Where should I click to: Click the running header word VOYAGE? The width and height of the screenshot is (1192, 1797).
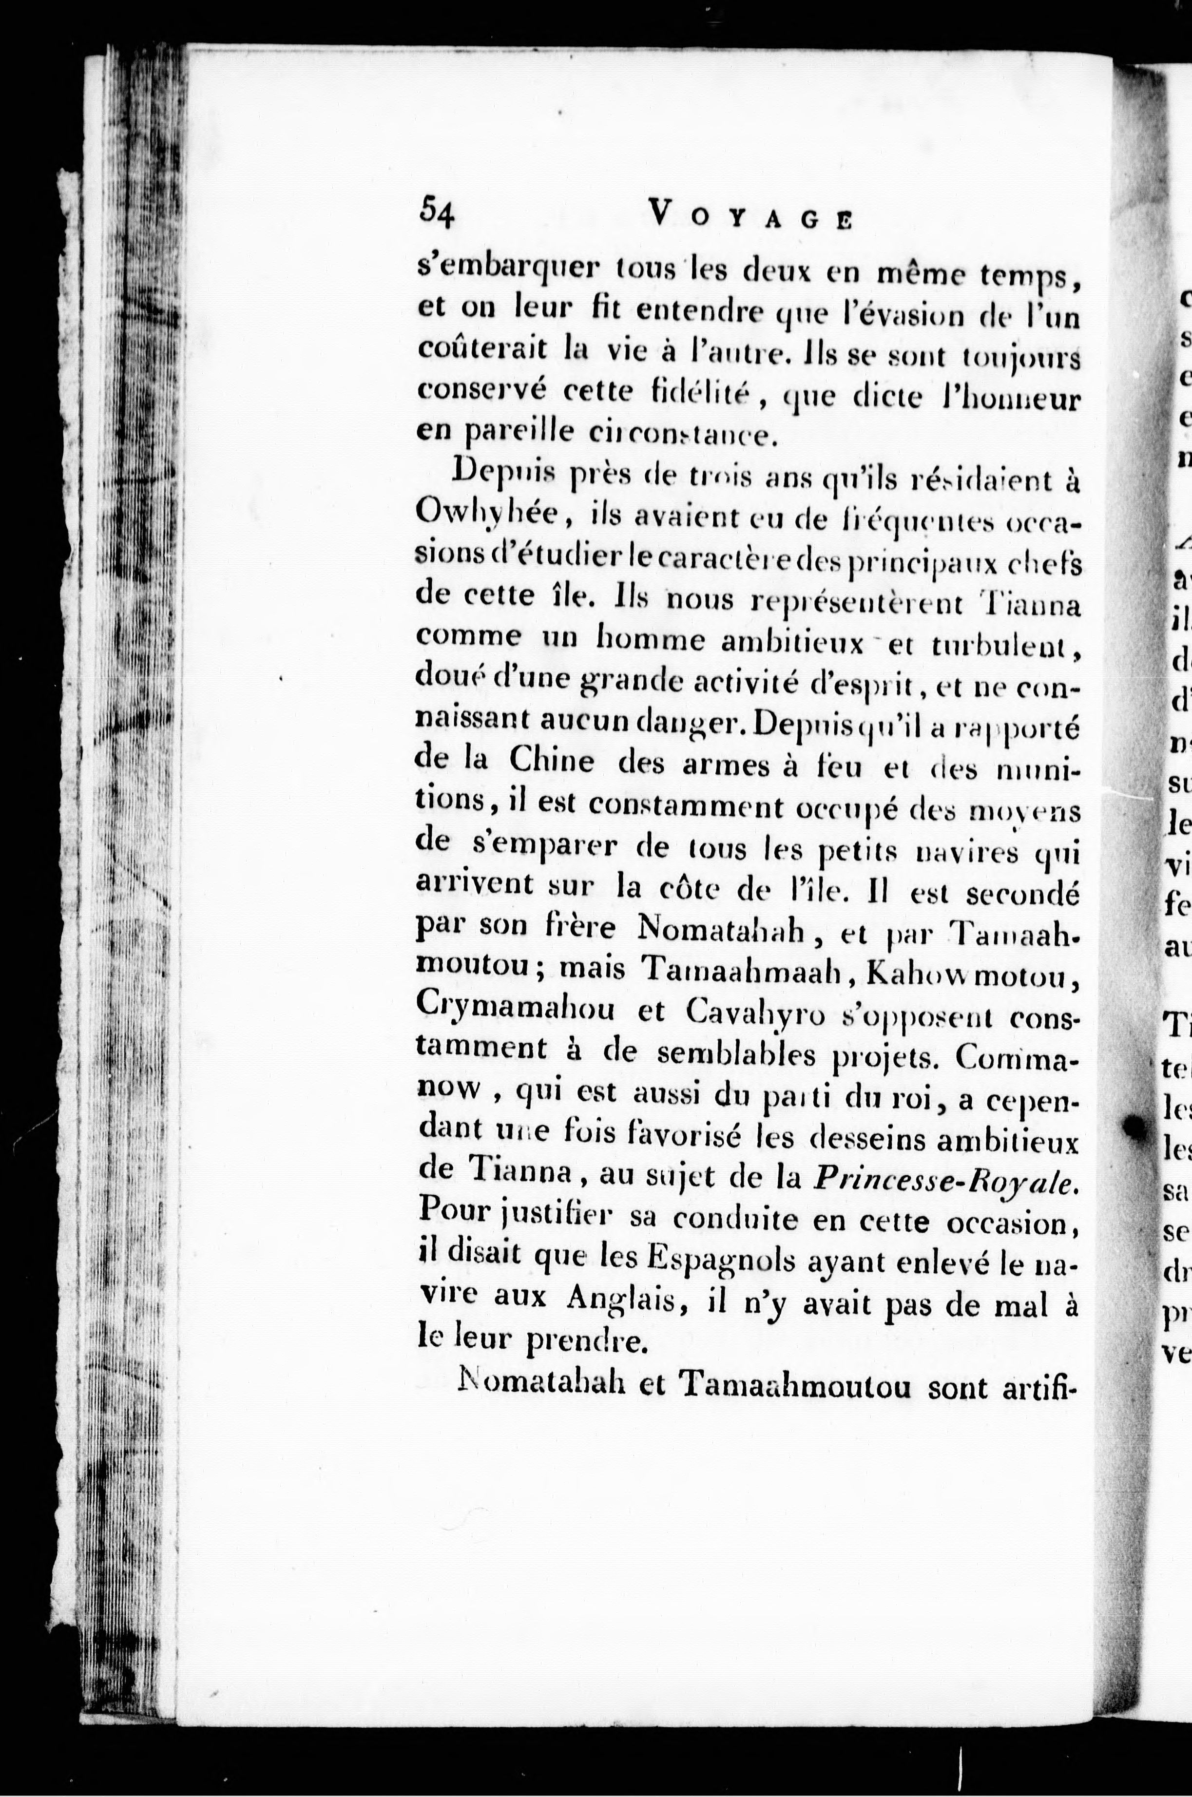[x=751, y=214]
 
